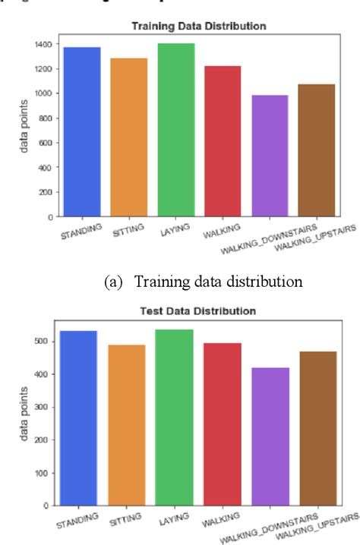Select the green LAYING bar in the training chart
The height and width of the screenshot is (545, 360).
point(175,130)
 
